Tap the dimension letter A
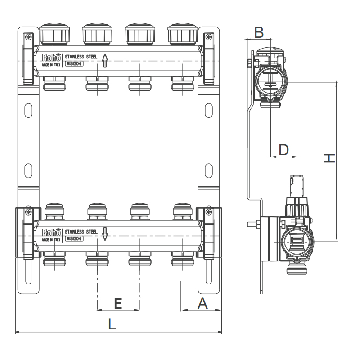tap(203, 304)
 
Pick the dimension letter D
tap(283, 149)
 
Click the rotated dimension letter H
tap(329, 158)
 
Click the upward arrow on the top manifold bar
tap(104, 60)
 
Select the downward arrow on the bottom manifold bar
tap(104, 234)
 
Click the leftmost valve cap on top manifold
tap(54, 33)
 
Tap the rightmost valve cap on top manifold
tap(182, 33)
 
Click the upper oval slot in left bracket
tap(28, 110)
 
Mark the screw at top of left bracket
tap(28, 37)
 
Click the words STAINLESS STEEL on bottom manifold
tap(81, 232)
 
